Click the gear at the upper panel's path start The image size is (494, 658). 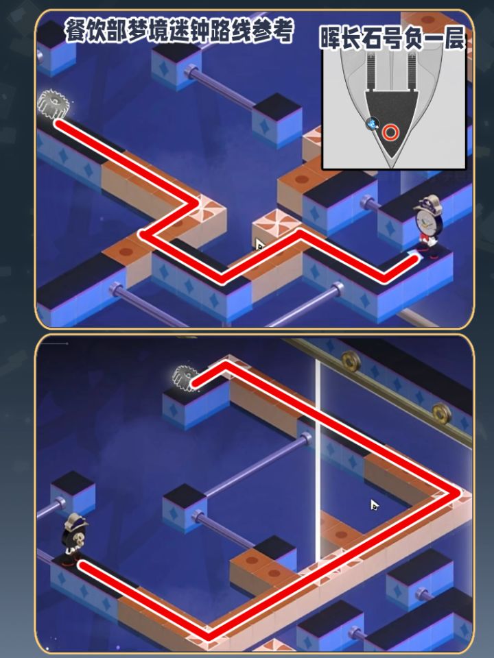[x=54, y=103]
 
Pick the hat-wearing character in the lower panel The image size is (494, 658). [x=74, y=539]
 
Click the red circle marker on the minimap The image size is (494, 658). [x=390, y=132]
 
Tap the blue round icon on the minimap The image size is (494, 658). [x=372, y=124]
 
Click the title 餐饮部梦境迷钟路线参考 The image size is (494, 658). [x=179, y=31]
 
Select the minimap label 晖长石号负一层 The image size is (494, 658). [x=392, y=38]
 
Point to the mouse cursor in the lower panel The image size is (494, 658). [x=375, y=505]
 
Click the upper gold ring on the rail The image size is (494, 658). [x=351, y=360]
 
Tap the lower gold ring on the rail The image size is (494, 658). [x=441, y=413]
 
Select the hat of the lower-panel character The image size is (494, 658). [x=76, y=521]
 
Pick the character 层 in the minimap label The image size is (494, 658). [x=454, y=38]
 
